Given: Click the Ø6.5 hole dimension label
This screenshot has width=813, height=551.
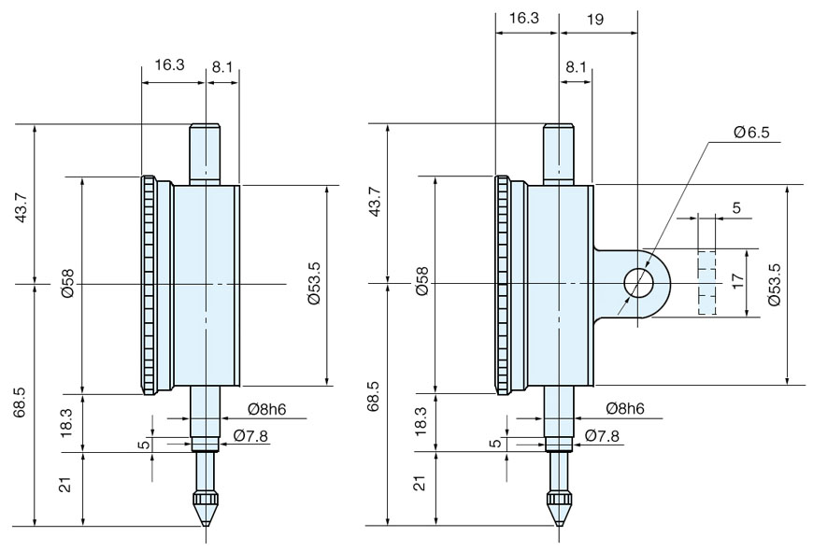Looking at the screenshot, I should click(x=750, y=133).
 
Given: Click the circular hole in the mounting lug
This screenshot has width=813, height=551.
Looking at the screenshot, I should click(x=638, y=282).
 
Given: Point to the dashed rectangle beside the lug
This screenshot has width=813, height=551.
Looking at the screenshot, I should click(x=706, y=282).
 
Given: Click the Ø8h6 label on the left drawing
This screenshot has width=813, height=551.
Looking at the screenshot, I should click(x=267, y=409).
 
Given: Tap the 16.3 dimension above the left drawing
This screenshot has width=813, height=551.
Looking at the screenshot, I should click(x=168, y=65).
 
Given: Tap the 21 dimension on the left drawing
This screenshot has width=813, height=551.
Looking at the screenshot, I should click(x=66, y=487).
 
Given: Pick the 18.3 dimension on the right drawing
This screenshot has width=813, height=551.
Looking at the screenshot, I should click(x=421, y=422).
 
